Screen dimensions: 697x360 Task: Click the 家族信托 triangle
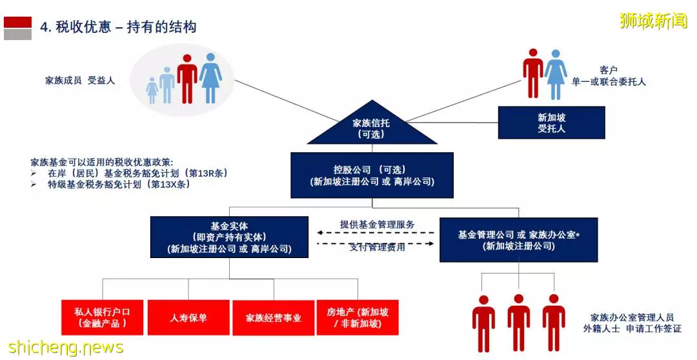coord(372,126)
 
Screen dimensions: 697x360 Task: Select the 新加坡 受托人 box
coord(551,123)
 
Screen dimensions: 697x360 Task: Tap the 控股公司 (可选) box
coord(372,175)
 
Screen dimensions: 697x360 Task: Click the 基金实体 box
coord(229,237)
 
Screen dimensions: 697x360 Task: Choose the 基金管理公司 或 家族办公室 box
coord(518,239)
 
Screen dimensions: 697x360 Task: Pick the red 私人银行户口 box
coord(102,317)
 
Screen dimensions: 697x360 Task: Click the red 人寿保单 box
coord(188,317)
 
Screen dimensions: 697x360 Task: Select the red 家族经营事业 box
coord(274,318)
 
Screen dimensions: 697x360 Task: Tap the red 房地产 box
coord(358,317)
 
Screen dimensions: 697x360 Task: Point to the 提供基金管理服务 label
coord(377,225)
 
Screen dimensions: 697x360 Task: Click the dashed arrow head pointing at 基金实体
coord(319,232)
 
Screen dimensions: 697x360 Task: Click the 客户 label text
coord(608,70)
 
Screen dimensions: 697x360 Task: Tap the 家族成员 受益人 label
coord(80,81)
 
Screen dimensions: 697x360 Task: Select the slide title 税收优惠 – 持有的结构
coord(118,27)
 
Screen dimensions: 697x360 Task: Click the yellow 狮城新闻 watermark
coord(653,21)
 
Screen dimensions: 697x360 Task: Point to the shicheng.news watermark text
coord(66,347)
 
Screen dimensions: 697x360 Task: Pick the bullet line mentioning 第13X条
coord(110,184)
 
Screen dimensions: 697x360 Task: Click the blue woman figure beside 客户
coord(556,74)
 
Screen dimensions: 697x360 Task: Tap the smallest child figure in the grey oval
coord(152,90)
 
